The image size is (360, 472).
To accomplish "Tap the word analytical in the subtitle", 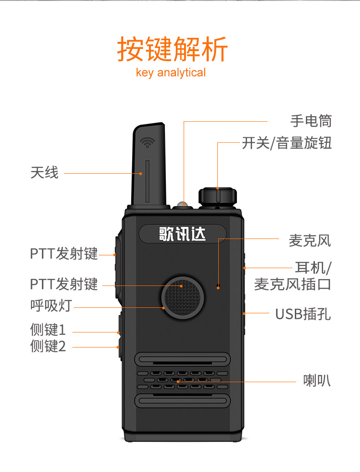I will coord(181,73).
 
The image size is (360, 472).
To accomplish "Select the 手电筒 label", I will coord(311,121).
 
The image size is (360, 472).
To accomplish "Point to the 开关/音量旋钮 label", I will coord(287,143).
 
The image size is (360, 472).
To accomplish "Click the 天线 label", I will coord(45,172).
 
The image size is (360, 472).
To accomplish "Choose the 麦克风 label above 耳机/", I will coord(310,240).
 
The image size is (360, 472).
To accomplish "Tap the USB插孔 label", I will coord(303,314).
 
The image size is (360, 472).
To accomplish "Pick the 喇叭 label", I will coord(317,380).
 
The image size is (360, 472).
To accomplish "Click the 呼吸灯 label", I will coord(51,306).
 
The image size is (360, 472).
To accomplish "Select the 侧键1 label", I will coord(48,329).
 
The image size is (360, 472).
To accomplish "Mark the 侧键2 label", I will coord(48,346).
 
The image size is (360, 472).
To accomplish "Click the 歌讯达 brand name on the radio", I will coord(182,234).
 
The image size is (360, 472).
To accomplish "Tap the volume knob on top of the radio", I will coord(217,197).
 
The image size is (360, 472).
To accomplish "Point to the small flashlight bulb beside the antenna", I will coord(183,203).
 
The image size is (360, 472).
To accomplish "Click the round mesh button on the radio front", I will coord(182,296).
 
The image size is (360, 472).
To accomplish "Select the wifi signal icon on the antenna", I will coord(147,142).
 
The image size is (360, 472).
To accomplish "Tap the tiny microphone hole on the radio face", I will coord(218,286).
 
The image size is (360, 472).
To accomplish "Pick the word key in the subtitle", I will coord(144,73).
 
